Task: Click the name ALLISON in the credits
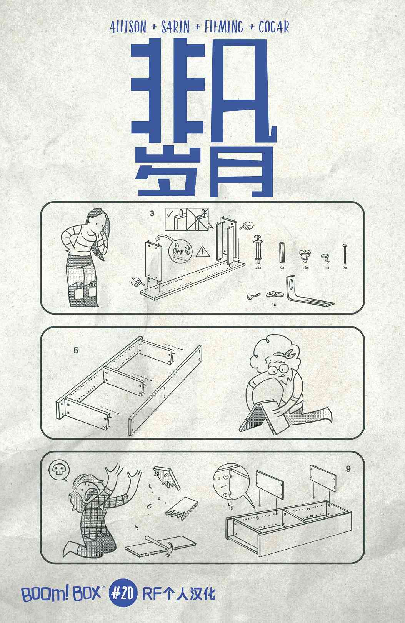[x=128, y=27]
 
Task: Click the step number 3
[x=152, y=213]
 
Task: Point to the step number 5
[x=76, y=351]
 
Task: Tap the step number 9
[x=348, y=469]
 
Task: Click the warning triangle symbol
[x=201, y=252]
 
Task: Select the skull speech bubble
[x=58, y=470]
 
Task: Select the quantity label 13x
[x=305, y=267]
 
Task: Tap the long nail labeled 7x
[x=345, y=254]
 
